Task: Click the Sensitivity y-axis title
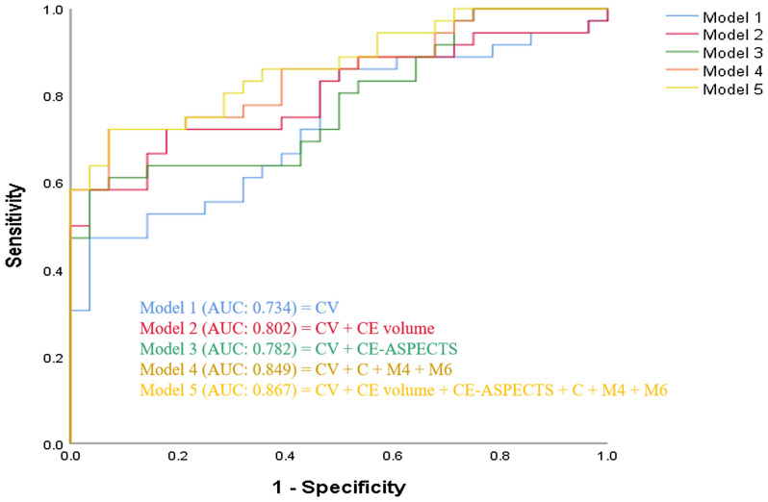pos(16,227)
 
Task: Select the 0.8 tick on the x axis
pos(499,461)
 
